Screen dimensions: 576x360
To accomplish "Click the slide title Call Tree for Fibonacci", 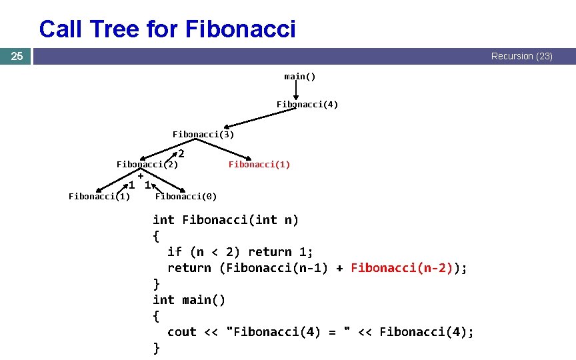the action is tap(167, 29).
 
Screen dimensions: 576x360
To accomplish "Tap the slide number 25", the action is tap(17, 57).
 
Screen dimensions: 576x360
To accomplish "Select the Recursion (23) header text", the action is tap(521, 57).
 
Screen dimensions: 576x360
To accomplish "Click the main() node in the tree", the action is tap(299, 77).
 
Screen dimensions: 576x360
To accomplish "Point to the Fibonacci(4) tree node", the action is tap(307, 105).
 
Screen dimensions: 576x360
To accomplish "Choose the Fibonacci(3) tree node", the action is tap(203, 134).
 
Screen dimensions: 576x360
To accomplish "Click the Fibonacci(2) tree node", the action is tap(147, 164).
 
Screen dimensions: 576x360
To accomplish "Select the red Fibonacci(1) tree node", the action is tap(259, 164).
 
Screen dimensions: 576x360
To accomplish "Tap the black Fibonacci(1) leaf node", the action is tap(99, 196).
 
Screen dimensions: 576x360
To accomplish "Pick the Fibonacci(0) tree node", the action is tap(185, 196).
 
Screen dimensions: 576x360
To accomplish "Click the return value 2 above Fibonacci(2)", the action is tap(181, 154).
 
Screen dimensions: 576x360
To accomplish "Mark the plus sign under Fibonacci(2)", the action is tap(141, 175).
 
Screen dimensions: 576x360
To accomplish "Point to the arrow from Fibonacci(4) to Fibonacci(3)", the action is tap(260, 118).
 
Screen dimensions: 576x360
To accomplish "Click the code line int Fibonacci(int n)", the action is tap(225, 220).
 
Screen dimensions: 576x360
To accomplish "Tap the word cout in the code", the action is tap(181, 332).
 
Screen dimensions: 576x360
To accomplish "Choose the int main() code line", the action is tap(189, 300).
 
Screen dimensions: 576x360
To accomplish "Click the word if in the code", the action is tap(174, 252).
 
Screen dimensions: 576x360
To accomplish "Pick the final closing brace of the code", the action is tap(157, 348).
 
